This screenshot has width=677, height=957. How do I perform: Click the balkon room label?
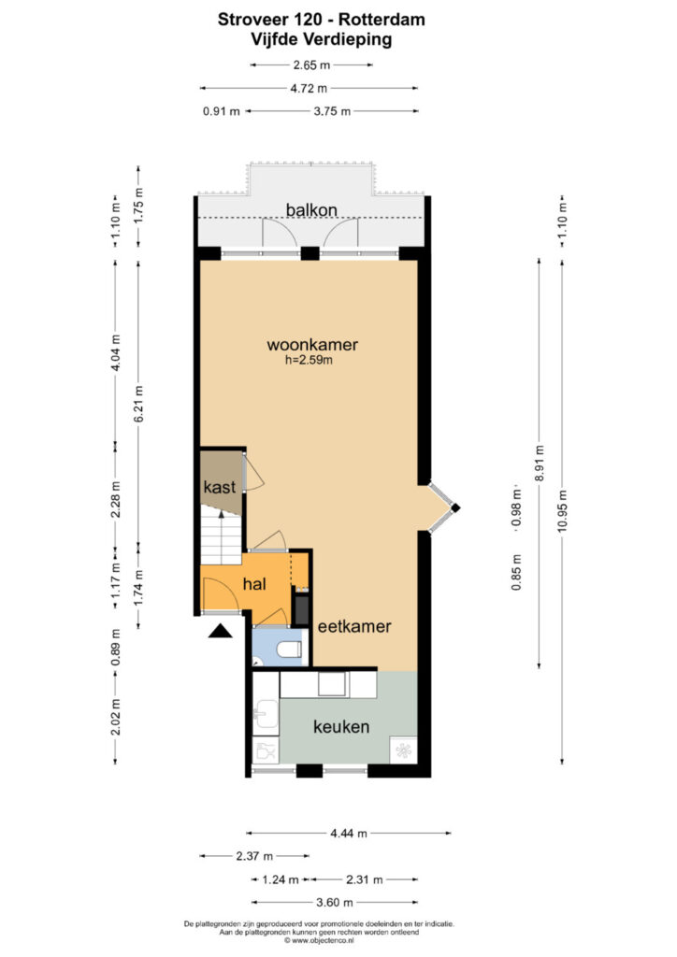(311, 210)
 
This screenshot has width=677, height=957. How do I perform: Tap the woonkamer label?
(312, 344)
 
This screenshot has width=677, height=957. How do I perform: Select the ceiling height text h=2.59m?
(309, 360)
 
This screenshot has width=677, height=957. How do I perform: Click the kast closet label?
(219, 487)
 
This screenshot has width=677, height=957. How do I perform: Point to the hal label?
(254, 584)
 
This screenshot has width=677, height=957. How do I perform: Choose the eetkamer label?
(354, 626)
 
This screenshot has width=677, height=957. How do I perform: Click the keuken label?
(341, 727)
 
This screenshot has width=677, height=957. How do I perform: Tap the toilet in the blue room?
(289, 650)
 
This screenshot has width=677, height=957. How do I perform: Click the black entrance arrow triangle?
(221, 631)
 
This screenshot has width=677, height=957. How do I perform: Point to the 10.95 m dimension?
(562, 511)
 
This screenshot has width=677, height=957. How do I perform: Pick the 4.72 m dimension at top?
(309, 89)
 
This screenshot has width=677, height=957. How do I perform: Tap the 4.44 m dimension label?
(349, 833)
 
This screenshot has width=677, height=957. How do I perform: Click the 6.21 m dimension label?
(138, 404)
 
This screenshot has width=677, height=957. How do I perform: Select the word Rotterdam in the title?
(382, 20)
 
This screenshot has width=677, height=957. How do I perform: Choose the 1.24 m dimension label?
(281, 880)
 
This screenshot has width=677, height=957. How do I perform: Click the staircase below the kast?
(221, 537)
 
